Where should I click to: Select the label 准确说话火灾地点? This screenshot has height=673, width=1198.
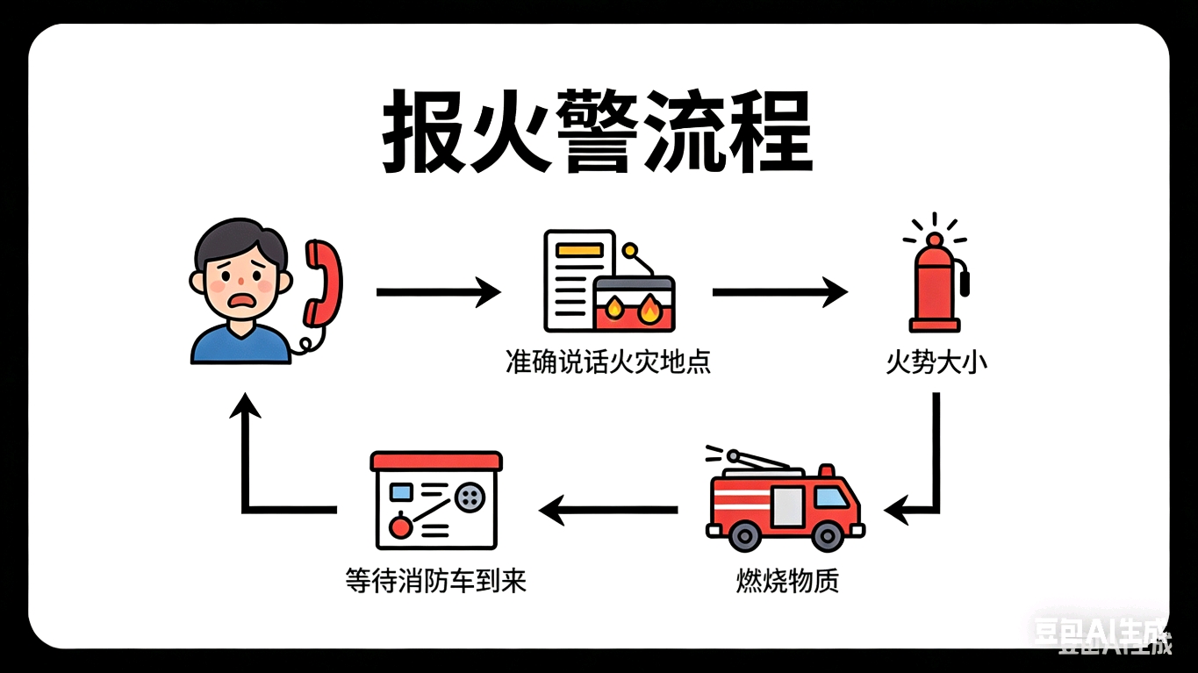click(x=607, y=362)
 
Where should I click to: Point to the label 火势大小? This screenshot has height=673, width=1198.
click(x=936, y=362)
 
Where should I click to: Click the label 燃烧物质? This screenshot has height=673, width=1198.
click(x=787, y=581)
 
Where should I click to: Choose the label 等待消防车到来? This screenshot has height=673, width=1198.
click(x=436, y=581)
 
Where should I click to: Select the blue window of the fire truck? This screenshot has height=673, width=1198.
click(x=831, y=498)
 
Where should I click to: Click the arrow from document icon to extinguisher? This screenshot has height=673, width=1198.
click(x=778, y=291)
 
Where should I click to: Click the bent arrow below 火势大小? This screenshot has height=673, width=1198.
click(x=930, y=474)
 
